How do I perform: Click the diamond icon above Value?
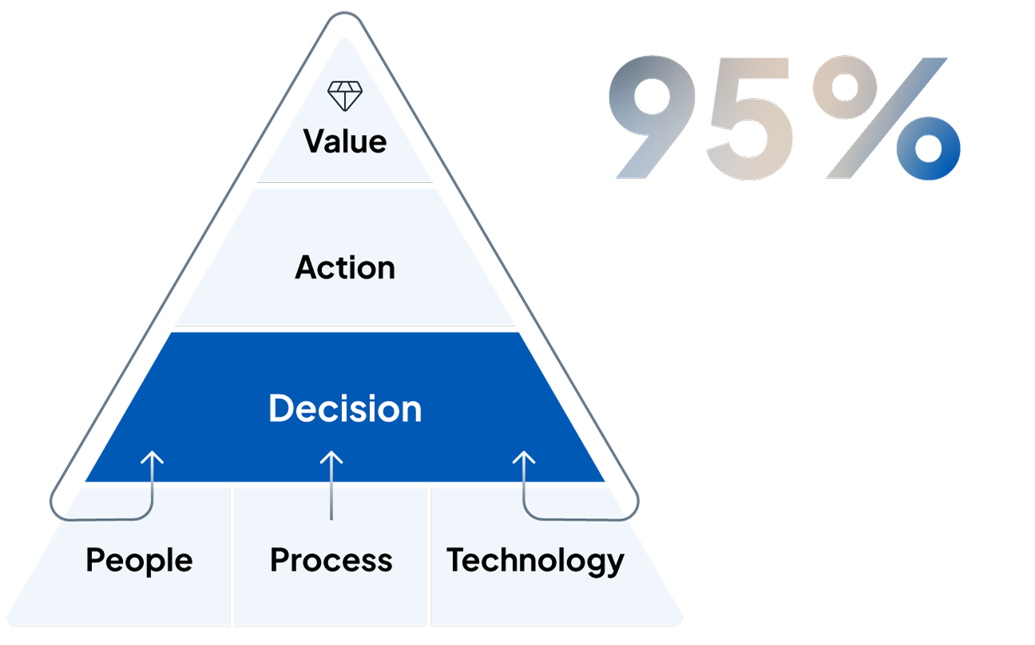tap(345, 96)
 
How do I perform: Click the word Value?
tap(345, 141)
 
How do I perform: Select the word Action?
tap(345, 267)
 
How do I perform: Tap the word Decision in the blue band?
tap(345, 409)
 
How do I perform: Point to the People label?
tap(139, 561)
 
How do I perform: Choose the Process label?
tap(331, 560)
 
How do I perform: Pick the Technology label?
tap(535, 561)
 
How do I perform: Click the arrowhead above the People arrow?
tap(152, 457)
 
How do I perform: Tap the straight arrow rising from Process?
tap(331, 485)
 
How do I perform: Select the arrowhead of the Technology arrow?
tap(524, 457)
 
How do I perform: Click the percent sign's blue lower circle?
tap(928, 148)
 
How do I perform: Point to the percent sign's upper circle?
tap(845, 87)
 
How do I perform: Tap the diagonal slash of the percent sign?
tap(886, 117)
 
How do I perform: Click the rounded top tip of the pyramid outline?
tap(345, 14)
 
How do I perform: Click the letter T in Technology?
tap(459, 559)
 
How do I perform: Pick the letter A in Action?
tap(307, 267)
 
